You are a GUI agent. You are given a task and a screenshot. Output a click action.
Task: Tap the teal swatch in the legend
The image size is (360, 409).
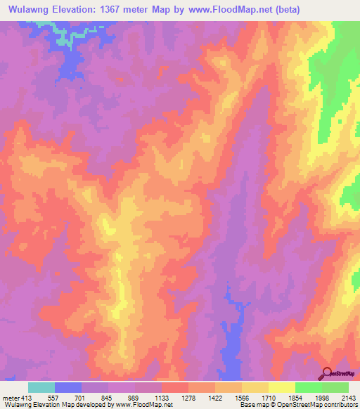(41, 387)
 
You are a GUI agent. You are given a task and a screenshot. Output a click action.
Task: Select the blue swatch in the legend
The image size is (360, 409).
(68, 387)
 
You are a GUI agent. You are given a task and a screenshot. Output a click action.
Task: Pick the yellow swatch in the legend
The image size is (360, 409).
(282, 387)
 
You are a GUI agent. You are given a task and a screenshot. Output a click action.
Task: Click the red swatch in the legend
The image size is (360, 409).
(175, 387)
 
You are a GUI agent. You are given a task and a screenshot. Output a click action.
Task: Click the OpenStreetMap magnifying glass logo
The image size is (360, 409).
(327, 374)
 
